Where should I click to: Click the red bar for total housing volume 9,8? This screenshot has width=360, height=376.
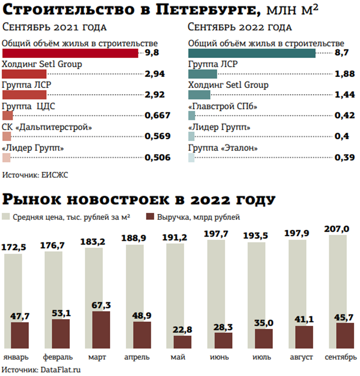[70, 53]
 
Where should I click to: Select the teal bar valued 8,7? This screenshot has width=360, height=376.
[252, 53]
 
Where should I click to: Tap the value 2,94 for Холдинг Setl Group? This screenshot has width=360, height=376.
[154, 74]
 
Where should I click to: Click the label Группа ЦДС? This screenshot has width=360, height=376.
[29, 106]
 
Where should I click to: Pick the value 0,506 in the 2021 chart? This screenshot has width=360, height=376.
[157, 157]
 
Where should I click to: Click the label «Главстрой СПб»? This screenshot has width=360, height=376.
[223, 106]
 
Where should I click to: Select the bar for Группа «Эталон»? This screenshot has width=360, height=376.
[191, 157]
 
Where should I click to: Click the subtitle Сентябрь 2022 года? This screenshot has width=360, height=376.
[240, 27]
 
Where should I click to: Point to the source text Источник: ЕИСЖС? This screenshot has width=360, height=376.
[35, 175]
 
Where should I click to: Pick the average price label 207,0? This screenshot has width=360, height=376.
[337, 229]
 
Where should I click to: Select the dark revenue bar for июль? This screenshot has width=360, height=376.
[264, 338]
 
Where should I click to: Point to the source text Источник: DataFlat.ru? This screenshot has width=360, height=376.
[41, 369]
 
